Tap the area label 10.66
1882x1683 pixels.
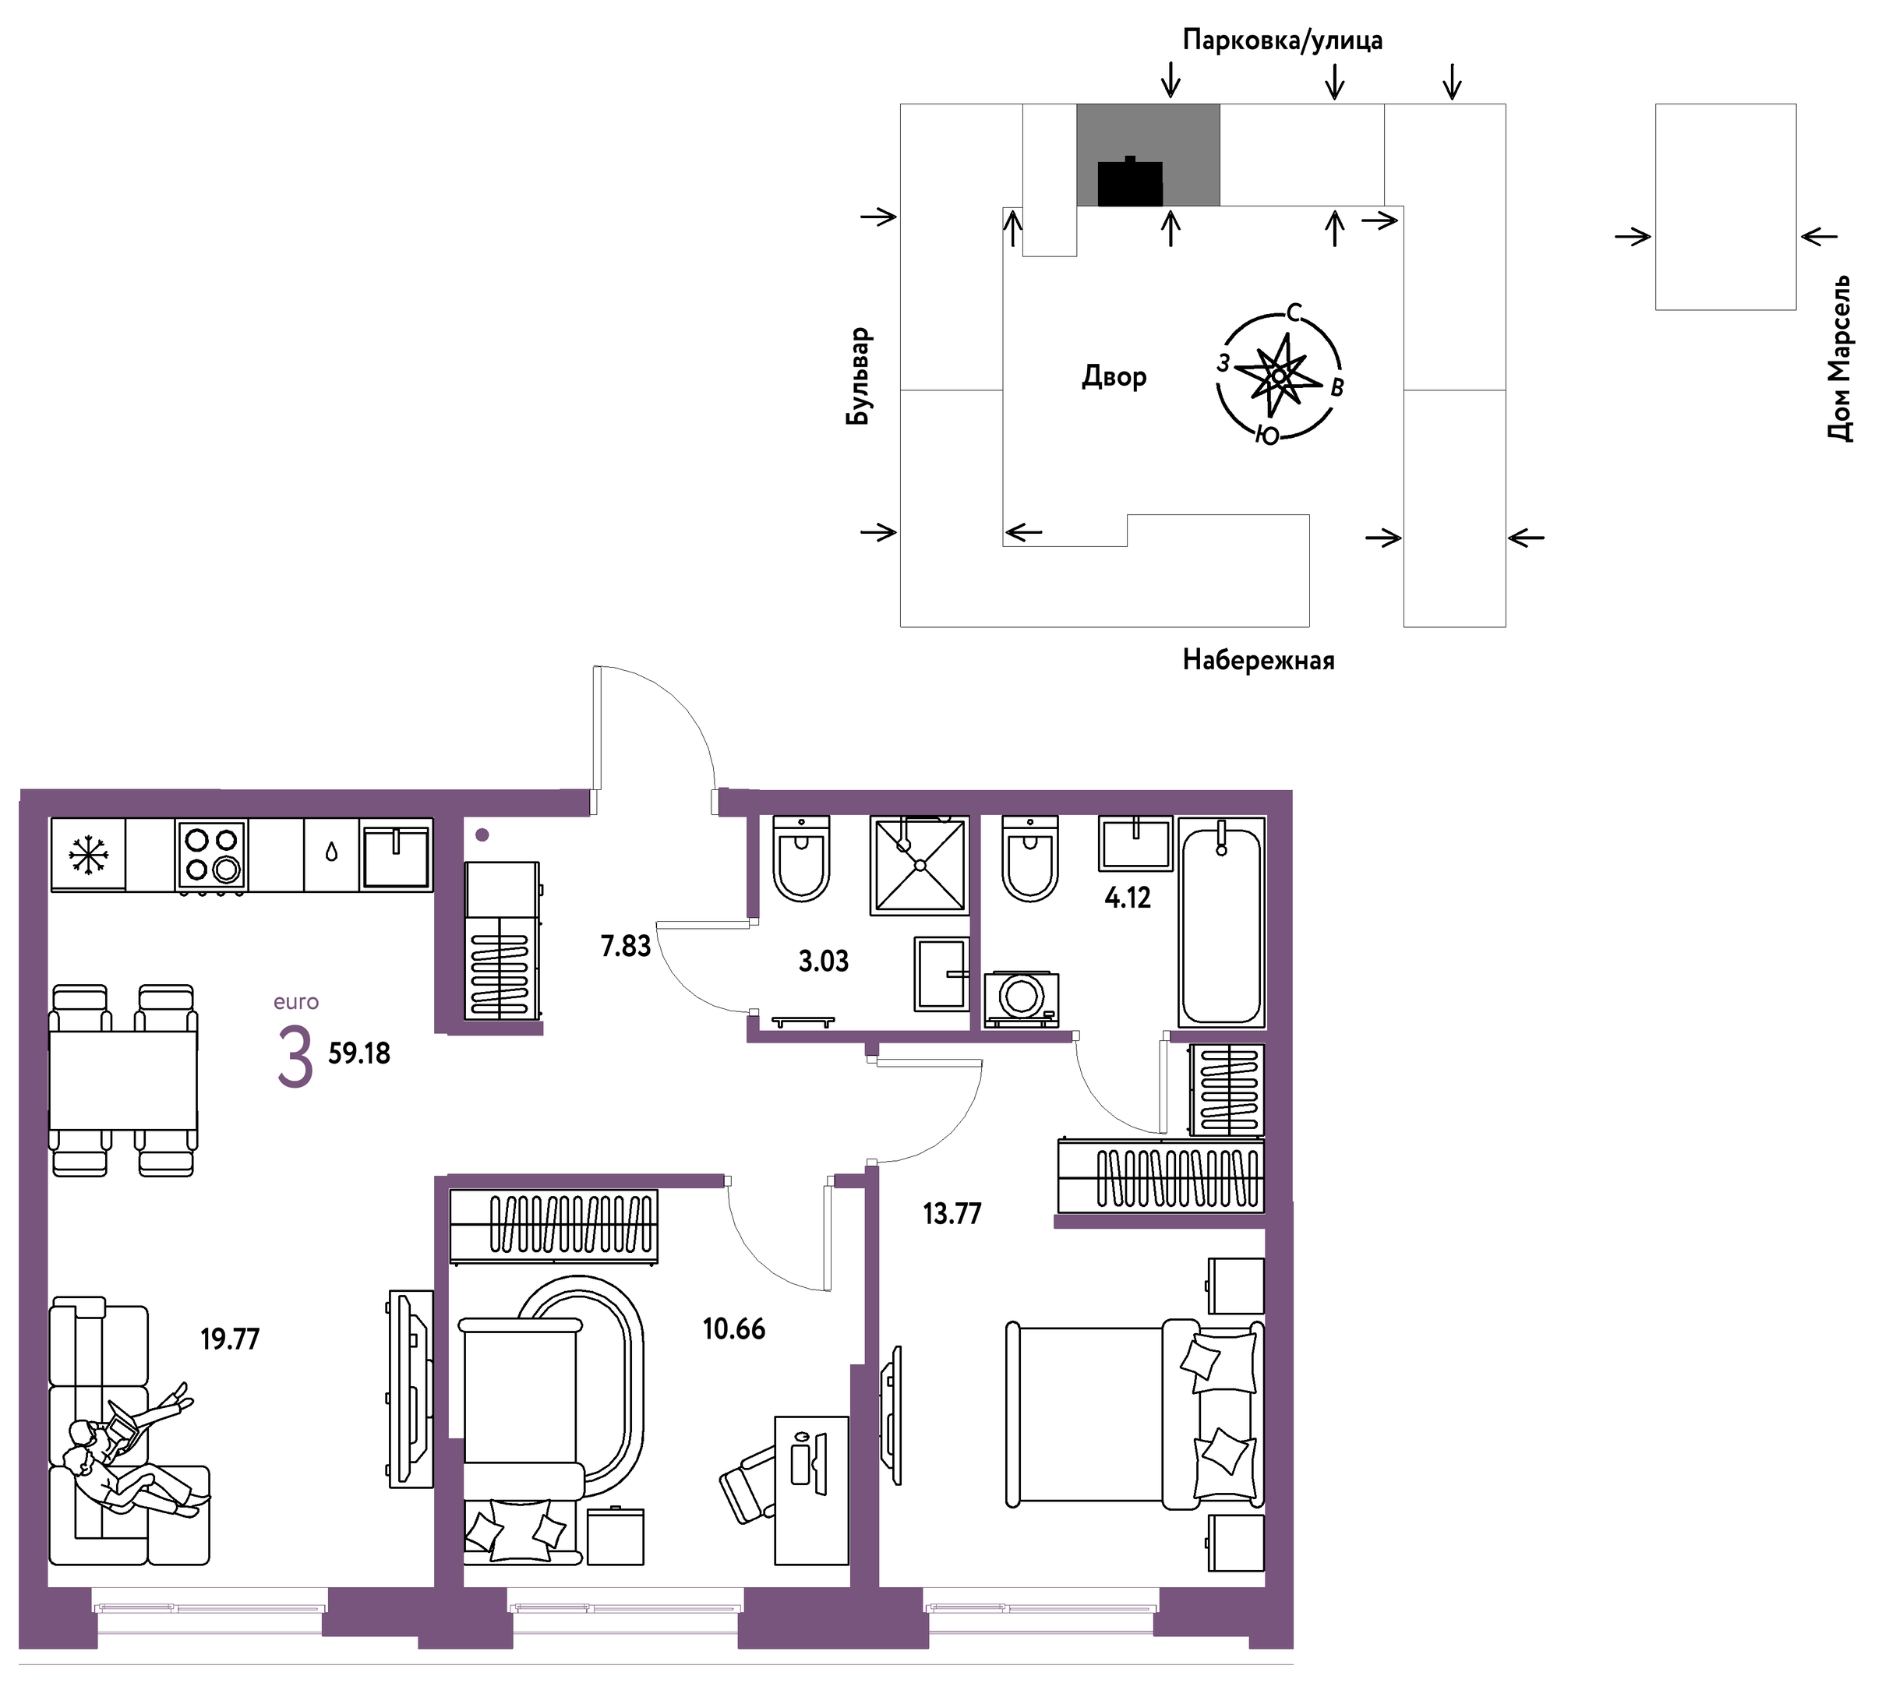coord(734,1328)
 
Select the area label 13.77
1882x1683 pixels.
coord(952,1213)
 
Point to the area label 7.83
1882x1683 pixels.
coord(626,946)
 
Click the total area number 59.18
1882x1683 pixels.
coord(360,1053)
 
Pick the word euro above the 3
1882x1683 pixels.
coord(296,1001)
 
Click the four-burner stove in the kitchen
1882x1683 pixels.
coord(211,856)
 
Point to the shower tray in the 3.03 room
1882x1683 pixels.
coord(920,866)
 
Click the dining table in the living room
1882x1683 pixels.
coord(123,1079)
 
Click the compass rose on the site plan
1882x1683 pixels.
coord(1279,376)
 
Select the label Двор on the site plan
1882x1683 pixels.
coord(1114,376)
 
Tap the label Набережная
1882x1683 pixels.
coord(1258,660)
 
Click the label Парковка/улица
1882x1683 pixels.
coord(1283,41)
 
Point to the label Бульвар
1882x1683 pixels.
coord(859,376)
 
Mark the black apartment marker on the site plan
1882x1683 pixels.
coord(1129,182)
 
